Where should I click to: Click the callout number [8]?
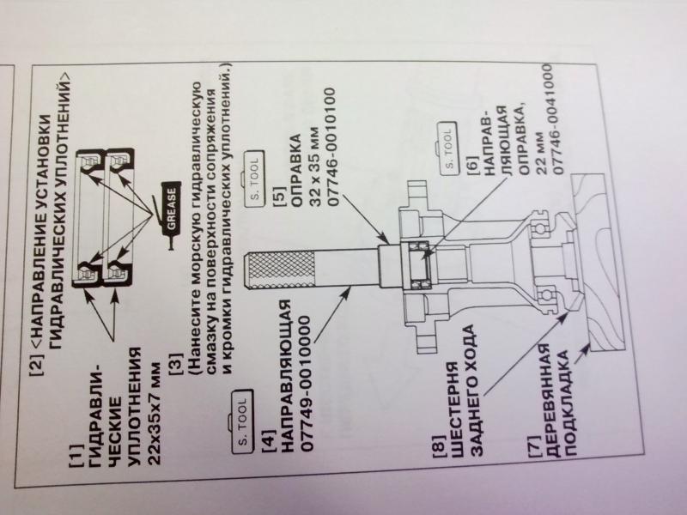[440, 446]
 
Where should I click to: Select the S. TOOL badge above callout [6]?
[447, 148]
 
